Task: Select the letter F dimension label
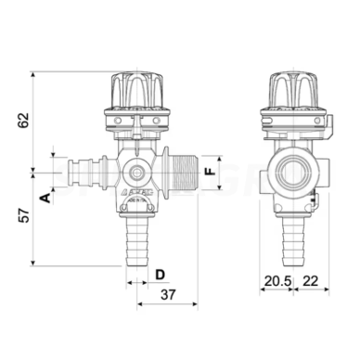pos(211,173)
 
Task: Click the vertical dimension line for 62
pos(32,121)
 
